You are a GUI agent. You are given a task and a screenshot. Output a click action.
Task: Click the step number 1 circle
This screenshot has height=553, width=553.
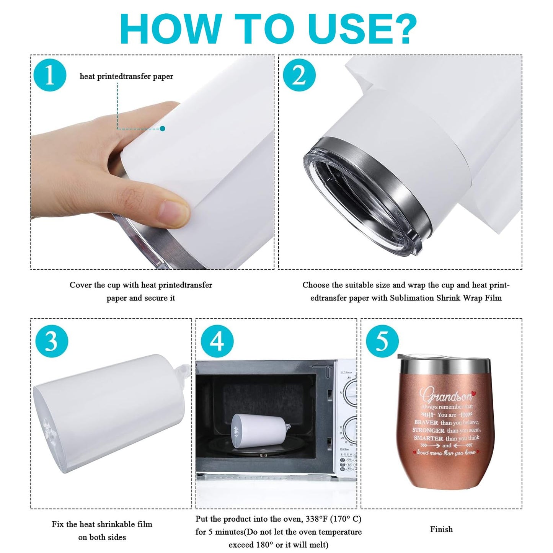pyautogui.click(x=50, y=75)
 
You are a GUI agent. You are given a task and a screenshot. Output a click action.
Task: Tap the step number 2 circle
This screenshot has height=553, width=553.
pyautogui.click(x=299, y=75)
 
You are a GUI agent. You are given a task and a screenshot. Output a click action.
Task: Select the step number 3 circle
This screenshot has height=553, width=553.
pyautogui.click(x=52, y=341)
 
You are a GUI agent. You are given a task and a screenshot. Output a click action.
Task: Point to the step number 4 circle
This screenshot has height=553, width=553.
pyautogui.click(x=217, y=341)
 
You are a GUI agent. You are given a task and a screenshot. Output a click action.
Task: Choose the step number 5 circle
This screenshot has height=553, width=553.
pyautogui.click(x=382, y=341)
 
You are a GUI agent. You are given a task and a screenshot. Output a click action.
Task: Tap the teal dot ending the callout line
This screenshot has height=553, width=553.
pyautogui.click(x=163, y=129)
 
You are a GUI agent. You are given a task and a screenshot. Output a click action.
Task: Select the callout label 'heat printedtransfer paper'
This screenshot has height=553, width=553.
pyautogui.click(x=126, y=77)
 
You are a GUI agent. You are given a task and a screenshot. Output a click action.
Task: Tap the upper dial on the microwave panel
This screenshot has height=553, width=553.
pyautogui.click(x=350, y=390)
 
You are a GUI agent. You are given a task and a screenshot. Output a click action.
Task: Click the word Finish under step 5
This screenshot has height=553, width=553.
pyautogui.click(x=441, y=529)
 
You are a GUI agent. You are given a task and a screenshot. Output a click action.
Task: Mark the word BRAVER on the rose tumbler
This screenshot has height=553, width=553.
pyautogui.click(x=426, y=422)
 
